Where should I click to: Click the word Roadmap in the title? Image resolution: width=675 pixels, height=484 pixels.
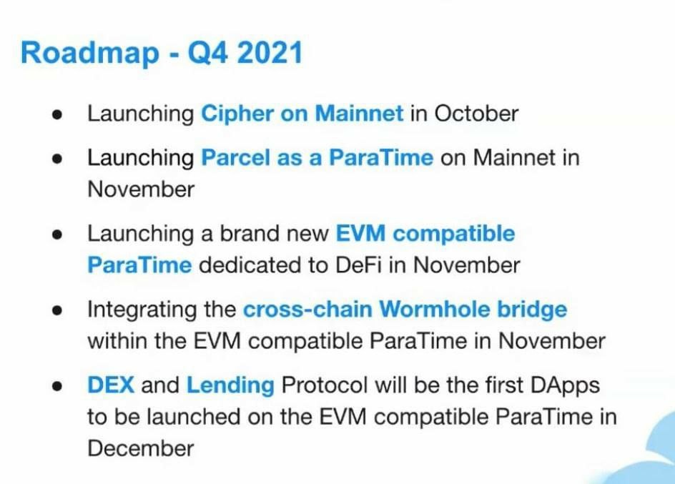(90, 54)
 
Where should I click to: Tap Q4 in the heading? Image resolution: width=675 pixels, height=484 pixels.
(207, 52)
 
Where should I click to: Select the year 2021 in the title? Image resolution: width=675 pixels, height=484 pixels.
(270, 52)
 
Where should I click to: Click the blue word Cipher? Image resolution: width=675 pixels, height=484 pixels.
(237, 114)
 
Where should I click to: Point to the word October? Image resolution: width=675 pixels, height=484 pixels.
(476, 114)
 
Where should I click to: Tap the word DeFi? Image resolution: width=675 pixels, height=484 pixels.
(358, 265)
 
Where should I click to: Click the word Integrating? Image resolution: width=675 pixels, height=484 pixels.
(142, 310)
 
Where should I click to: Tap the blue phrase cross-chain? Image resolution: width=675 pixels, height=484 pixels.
(307, 310)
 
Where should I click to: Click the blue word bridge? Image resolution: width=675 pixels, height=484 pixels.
(532, 310)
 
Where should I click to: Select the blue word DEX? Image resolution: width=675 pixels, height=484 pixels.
(111, 385)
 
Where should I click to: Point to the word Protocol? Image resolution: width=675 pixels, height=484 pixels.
(325, 385)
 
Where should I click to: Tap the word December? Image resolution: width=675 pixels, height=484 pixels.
(141, 448)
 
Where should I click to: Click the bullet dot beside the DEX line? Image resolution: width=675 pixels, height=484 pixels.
(56, 386)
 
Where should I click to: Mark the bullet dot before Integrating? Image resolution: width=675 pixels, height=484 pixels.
(56, 310)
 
